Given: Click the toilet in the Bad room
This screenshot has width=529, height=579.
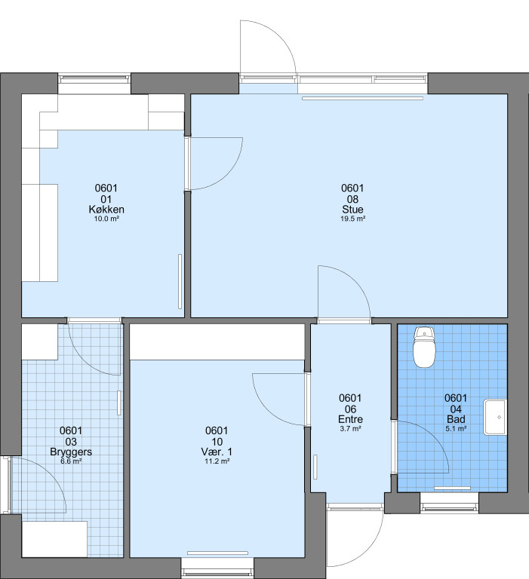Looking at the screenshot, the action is pyautogui.click(x=424, y=347).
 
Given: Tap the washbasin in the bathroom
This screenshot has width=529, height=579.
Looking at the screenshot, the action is pyautogui.click(x=495, y=417).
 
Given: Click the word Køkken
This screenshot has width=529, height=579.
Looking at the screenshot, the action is pyautogui.click(x=106, y=210).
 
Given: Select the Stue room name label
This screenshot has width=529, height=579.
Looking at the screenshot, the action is pyautogui.click(x=352, y=210).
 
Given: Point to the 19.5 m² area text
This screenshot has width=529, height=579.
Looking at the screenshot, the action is pyautogui.click(x=352, y=219).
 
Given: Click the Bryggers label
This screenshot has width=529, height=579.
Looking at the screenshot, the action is pyautogui.click(x=71, y=452).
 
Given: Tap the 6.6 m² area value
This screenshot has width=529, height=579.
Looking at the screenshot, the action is pyautogui.click(x=71, y=461).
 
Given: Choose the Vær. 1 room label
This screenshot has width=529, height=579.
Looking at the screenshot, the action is pyautogui.click(x=217, y=452).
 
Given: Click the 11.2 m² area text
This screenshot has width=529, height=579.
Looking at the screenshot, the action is pyautogui.click(x=217, y=461).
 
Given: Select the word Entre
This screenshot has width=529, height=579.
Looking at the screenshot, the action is pyautogui.click(x=350, y=419).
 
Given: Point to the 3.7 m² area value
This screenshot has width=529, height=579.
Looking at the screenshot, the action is pyautogui.click(x=350, y=429).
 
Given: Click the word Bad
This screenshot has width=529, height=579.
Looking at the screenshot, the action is pyautogui.click(x=456, y=419).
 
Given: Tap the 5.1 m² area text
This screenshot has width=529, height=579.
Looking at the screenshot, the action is pyautogui.click(x=456, y=429).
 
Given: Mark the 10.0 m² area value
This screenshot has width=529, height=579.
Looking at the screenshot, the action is pyautogui.click(x=106, y=219).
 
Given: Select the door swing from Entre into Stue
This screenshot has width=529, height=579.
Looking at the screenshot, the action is pyautogui.click(x=355, y=280).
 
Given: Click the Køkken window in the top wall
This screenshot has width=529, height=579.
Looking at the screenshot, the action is pyautogui.click(x=94, y=78).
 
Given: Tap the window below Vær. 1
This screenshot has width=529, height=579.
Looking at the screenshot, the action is pyautogui.click(x=217, y=568).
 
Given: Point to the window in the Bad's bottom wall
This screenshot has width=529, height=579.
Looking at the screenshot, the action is pyautogui.click(x=450, y=508).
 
